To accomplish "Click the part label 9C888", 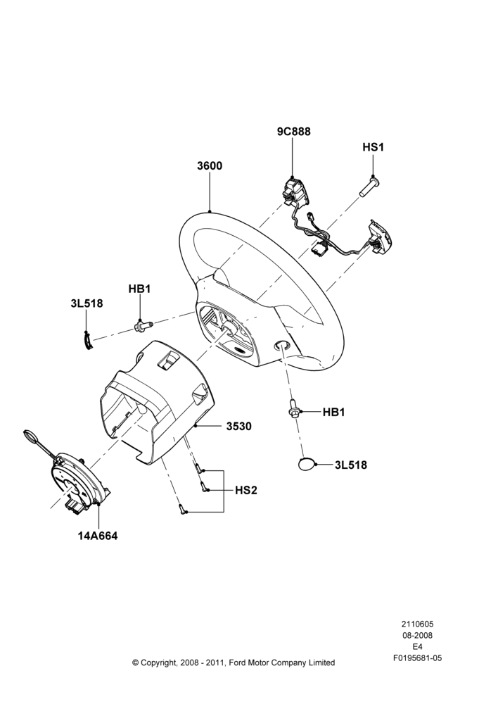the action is [293, 132].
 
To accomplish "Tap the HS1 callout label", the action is [373, 147].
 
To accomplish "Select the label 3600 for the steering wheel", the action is [210, 165].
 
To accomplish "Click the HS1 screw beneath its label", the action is [370, 187].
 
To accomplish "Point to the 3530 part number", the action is [238, 426].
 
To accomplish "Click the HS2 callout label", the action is [246, 490].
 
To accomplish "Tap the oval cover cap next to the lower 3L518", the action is [307, 464].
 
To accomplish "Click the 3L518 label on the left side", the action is [87, 303].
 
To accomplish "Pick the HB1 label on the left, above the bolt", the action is [139, 289].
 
